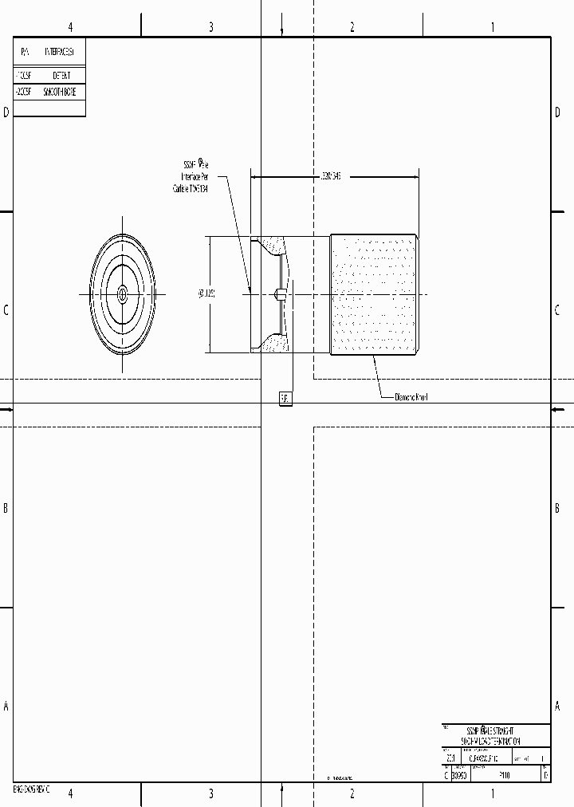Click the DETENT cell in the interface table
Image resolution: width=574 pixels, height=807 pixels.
tap(61, 75)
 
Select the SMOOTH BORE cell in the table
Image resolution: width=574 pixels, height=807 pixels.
tap(60, 93)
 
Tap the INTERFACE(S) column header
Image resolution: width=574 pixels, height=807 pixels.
tap(60, 52)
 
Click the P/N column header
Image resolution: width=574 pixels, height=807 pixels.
tap(25, 52)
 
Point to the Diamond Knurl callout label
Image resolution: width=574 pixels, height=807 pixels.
tap(412, 396)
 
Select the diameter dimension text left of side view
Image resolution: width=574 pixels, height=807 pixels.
tap(206, 294)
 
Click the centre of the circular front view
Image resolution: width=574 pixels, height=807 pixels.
tap(122, 294)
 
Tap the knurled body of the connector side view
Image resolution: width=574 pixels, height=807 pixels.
tap(373, 294)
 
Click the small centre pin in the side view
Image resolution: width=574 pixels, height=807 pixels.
tap(279, 294)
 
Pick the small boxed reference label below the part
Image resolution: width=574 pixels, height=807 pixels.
tap(285, 398)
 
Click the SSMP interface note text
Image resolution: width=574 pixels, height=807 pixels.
tap(191, 176)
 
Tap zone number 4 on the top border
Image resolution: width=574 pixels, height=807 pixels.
tap(70, 27)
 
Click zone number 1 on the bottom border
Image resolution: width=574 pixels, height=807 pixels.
tap(493, 793)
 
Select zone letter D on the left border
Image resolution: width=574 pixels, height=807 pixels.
tap(6, 112)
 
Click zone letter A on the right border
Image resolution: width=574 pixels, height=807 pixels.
tap(557, 706)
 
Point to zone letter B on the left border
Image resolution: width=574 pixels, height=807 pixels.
tap(6, 508)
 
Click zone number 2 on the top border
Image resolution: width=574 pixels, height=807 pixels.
tap(352, 27)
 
